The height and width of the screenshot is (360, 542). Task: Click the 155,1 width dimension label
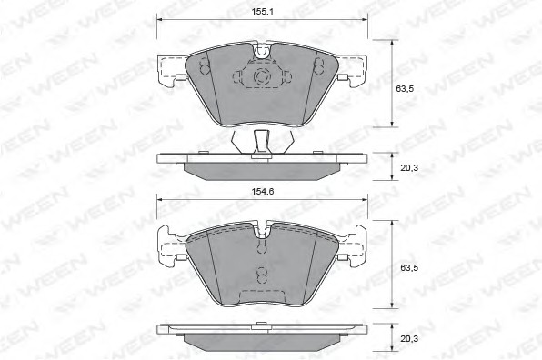click(262, 12)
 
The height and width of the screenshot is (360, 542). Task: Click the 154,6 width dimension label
click(262, 192)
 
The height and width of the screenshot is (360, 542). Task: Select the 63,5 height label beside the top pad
click(405, 89)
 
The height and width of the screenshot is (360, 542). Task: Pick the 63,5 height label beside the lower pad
click(409, 268)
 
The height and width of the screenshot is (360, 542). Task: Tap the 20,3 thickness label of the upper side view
click(409, 168)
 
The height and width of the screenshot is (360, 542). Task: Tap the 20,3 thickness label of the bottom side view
click(409, 338)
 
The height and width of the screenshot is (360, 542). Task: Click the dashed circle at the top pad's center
click(261, 76)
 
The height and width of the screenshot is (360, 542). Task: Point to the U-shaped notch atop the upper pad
click(262, 50)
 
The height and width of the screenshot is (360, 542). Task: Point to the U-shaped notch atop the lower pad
click(262, 230)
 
